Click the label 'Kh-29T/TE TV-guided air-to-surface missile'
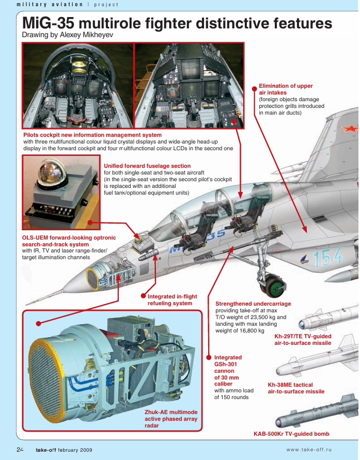(x=303, y=340)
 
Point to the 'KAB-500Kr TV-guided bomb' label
(x=291, y=434)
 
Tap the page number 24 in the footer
(x=20, y=450)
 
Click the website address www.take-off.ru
(x=309, y=450)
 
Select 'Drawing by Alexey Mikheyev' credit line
(x=68, y=35)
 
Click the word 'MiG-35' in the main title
(x=48, y=23)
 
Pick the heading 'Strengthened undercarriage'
(x=253, y=304)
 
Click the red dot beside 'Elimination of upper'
(x=255, y=88)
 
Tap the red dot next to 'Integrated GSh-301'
(x=209, y=357)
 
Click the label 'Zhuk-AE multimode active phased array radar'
(x=171, y=419)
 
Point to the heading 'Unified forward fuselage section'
(x=147, y=166)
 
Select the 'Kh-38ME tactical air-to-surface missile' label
(x=296, y=388)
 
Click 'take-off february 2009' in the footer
(x=64, y=450)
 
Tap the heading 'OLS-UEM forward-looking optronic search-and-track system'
(x=69, y=241)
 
